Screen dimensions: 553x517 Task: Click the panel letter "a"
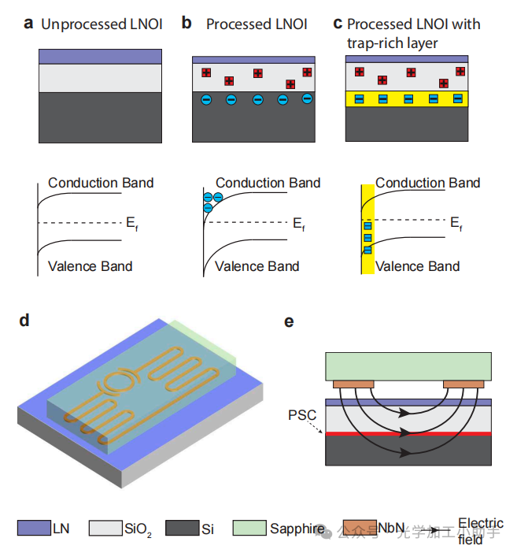click(x=28, y=24)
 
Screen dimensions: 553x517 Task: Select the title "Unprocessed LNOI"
click(x=102, y=24)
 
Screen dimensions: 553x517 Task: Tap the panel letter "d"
click(x=24, y=320)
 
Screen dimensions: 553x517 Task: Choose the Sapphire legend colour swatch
click(x=251, y=528)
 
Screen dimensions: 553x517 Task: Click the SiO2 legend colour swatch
click(x=105, y=528)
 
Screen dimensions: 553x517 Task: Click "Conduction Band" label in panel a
click(x=101, y=183)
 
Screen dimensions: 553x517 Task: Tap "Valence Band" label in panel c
click(x=418, y=266)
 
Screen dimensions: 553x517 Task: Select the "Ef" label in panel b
click(x=298, y=225)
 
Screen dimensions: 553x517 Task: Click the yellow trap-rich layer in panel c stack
click(x=407, y=99)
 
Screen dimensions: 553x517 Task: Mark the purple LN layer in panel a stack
click(x=100, y=57)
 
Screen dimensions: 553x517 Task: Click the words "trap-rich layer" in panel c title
click(x=391, y=43)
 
